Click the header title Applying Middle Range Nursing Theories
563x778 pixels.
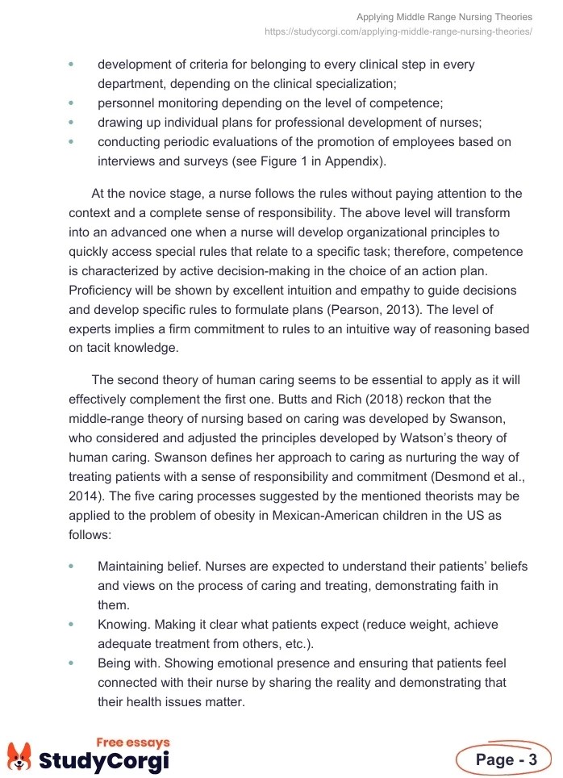[x=444, y=17]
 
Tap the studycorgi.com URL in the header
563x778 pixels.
[x=398, y=31]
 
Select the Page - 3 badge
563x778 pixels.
[x=506, y=759]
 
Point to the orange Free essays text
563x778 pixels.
[x=133, y=742]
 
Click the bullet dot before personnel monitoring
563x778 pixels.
[x=72, y=103]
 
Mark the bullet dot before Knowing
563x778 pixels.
[x=72, y=625]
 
